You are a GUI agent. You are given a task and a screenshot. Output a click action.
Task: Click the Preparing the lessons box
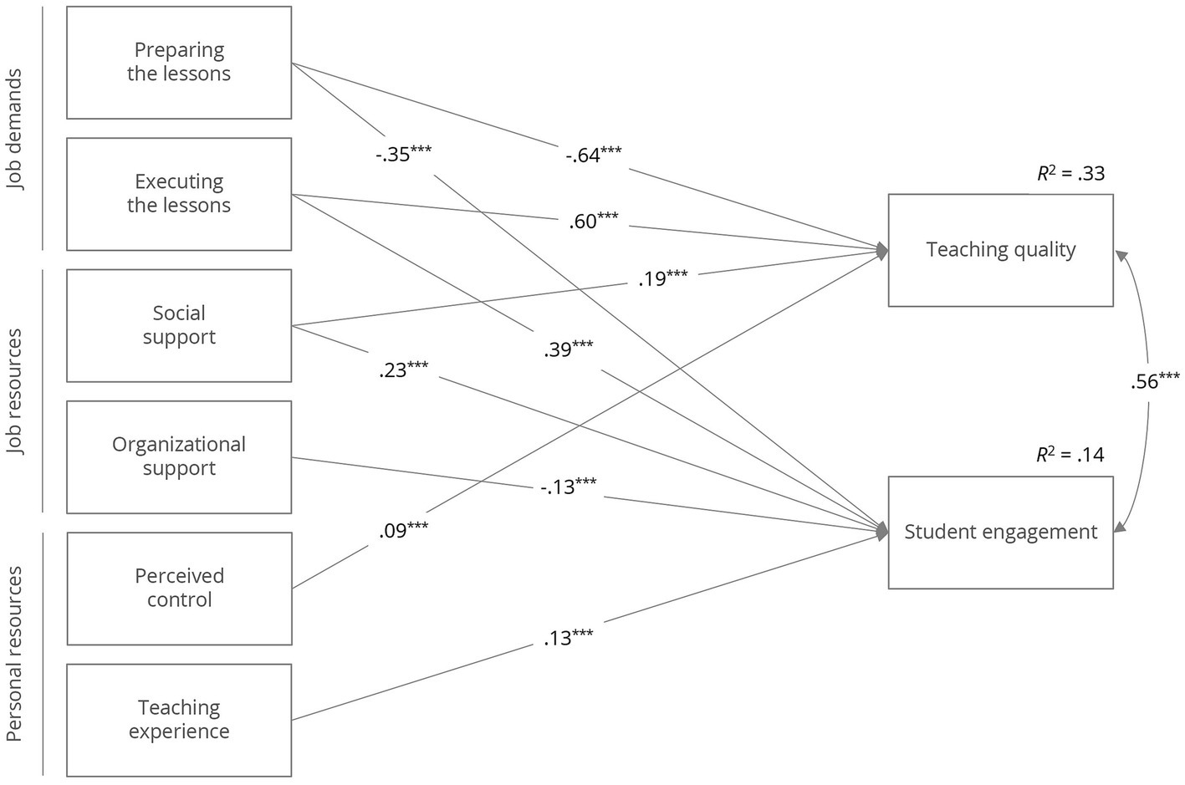click(179, 63)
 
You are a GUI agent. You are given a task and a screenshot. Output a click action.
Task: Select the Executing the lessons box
click(179, 194)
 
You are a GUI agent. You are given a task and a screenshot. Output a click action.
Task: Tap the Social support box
click(179, 325)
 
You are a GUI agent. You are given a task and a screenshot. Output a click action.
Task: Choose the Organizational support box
click(179, 456)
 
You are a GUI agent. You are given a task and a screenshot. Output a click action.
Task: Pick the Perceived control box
click(179, 588)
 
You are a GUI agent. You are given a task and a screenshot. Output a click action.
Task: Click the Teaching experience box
click(179, 720)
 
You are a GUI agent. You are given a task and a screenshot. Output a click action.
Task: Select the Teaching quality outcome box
click(1000, 250)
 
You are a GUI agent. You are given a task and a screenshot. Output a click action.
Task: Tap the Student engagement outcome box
click(1000, 533)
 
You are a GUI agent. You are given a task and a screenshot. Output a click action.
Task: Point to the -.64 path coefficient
click(592, 155)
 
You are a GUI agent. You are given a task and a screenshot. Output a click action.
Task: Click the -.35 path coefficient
click(403, 153)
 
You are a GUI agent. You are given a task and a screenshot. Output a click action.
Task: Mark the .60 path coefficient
click(593, 221)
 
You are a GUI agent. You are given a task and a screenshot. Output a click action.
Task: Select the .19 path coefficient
click(662, 278)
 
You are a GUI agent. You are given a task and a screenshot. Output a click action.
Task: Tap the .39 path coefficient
click(568, 349)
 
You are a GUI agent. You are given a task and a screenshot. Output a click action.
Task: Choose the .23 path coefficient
click(403, 369)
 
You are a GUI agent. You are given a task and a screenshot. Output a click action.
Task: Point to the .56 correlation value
click(1155, 380)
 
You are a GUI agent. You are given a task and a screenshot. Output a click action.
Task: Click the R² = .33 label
click(1070, 174)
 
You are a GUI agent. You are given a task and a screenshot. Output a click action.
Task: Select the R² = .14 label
click(1070, 455)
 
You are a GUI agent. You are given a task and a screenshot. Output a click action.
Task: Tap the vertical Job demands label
click(16, 130)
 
